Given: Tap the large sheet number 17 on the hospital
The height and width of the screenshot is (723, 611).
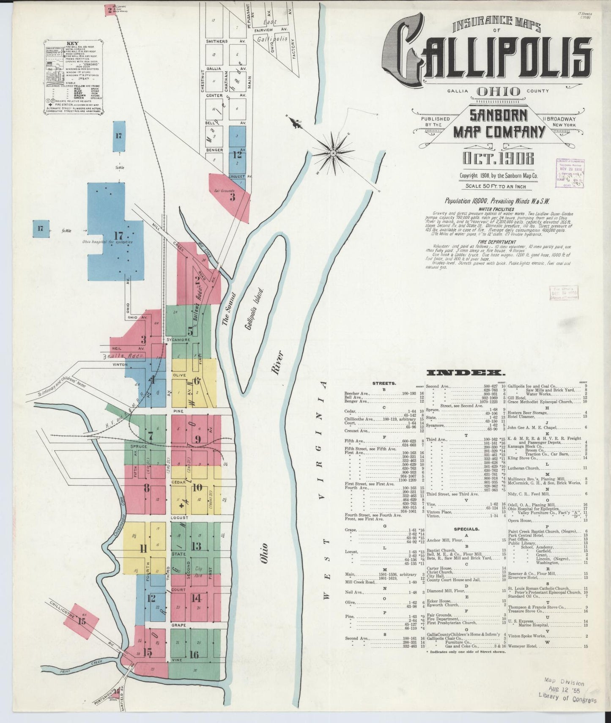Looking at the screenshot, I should (x=118, y=236).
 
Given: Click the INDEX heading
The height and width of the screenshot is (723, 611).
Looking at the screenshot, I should (x=466, y=372).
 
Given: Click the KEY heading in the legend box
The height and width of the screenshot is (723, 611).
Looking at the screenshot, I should (x=72, y=44).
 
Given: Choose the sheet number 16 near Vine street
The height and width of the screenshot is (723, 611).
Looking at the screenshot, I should (x=194, y=655).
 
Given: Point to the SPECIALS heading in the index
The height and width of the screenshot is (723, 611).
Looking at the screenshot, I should (x=466, y=529).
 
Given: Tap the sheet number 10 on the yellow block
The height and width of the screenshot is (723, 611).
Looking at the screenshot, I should (x=197, y=487).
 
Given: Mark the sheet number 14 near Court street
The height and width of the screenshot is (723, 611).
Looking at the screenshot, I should (x=196, y=598).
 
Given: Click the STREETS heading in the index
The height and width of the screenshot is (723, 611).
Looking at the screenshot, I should (x=384, y=383).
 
